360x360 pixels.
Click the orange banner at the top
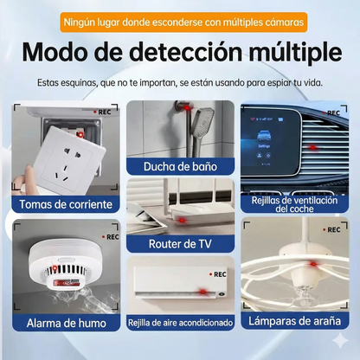point(180,21)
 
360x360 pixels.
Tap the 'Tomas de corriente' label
point(67,206)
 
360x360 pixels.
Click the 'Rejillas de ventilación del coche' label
point(293,203)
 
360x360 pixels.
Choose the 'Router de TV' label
point(180,243)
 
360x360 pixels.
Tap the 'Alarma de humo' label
point(67,323)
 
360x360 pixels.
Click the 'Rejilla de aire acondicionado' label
point(180,323)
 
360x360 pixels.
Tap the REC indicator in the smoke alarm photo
point(110,236)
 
